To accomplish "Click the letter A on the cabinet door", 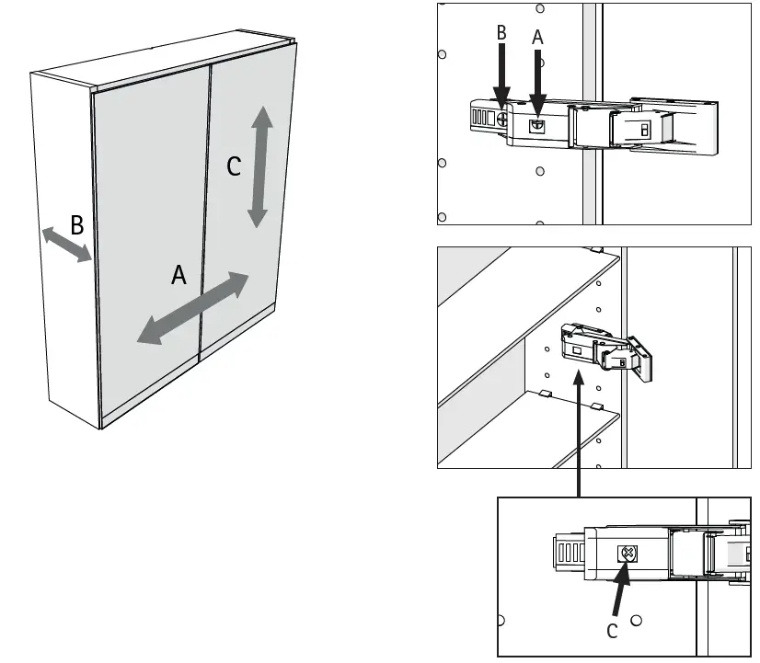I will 178,274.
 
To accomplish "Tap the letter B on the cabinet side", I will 77,224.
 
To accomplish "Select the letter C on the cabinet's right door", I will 234,166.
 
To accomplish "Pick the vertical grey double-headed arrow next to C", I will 260,166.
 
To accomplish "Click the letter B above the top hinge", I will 501,33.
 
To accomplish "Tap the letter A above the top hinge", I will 538,38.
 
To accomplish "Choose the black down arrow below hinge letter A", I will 538,83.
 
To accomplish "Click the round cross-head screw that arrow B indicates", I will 502,118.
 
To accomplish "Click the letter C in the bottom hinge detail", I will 612,631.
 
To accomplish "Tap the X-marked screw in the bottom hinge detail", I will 628,554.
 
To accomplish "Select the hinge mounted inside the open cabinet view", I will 607,349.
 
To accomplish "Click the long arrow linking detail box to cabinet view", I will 578,432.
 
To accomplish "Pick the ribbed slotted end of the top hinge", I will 478,118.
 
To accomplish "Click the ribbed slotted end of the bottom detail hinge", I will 568,554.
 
